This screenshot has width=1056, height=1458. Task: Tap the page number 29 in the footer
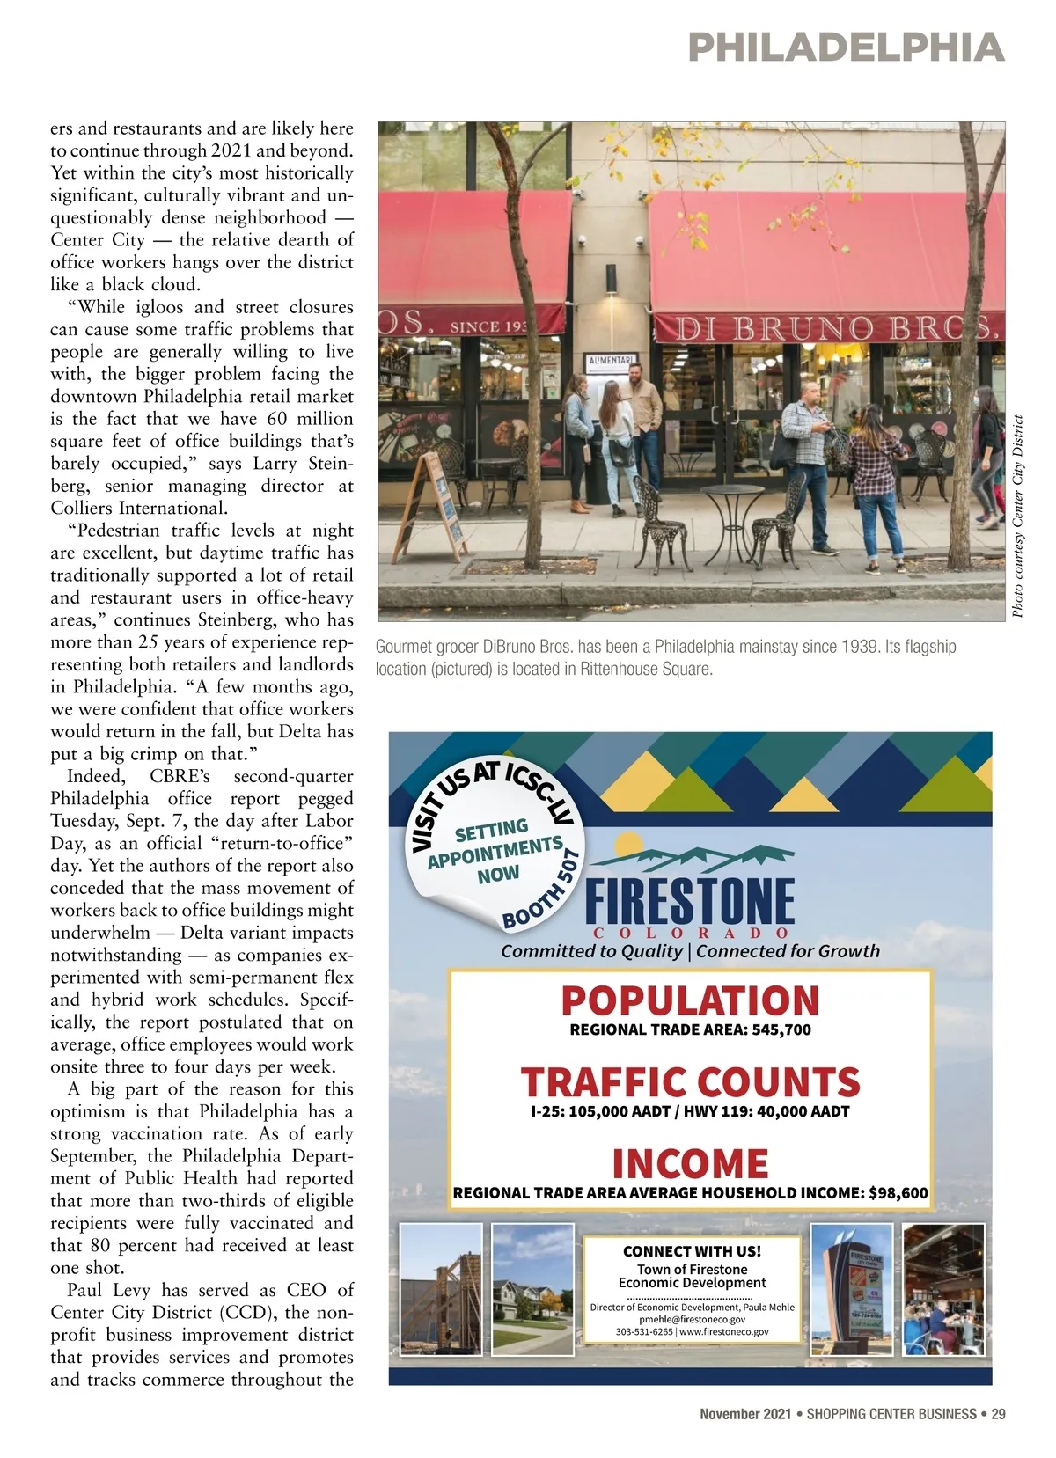coord(998,1414)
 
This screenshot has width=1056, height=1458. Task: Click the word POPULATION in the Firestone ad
coord(690,1000)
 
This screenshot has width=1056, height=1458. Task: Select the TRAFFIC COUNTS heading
coord(690,1082)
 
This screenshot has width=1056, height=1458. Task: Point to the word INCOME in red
coord(690,1163)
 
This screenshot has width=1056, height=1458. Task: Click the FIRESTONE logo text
coord(689,902)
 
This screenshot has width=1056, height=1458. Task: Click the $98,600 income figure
coord(898,1194)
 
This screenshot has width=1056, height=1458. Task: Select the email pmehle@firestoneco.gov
coord(692,1319)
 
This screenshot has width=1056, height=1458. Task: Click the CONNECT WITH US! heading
coord(692,1250)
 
